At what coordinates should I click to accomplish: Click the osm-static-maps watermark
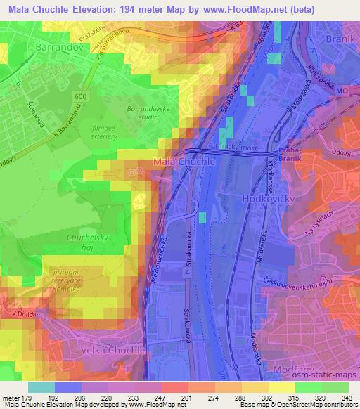(x=326, y=375)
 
